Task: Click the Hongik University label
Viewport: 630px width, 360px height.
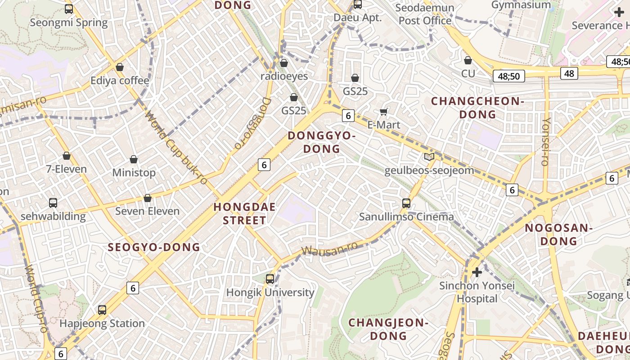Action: (x=270, y=292)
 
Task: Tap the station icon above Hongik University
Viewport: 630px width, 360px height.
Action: (x=270, y=279)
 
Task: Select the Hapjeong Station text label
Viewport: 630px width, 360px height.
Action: (x=102, y=323)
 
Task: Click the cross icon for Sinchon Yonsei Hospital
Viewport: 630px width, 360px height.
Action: (x=477, y=272)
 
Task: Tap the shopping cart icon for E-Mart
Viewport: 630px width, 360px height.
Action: (x=384, y=112)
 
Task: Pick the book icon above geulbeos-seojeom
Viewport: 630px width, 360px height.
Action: (x=429, y=157)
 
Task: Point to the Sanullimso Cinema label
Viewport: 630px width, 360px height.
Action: (x=406, y=217)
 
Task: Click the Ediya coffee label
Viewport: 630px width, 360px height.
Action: (x=120, y=81)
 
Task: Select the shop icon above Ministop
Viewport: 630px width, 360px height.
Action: (x=134, y=159)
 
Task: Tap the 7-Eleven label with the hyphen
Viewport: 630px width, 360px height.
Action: (x=67, y=169)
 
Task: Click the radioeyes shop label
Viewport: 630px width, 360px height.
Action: (x=284, y=76)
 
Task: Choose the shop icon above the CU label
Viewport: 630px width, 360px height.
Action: (x=468, y=60)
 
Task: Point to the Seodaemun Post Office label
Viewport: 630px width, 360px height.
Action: (x=425, y=14)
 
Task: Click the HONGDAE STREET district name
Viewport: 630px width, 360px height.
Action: (x=240, y=214)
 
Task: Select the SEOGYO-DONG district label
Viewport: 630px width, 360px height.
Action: (x=154, y=247)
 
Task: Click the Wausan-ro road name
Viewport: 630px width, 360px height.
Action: (x=329, y=248)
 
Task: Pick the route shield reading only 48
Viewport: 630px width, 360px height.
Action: (x=569, y=73)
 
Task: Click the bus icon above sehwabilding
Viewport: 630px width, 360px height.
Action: (x=53, y=203)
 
